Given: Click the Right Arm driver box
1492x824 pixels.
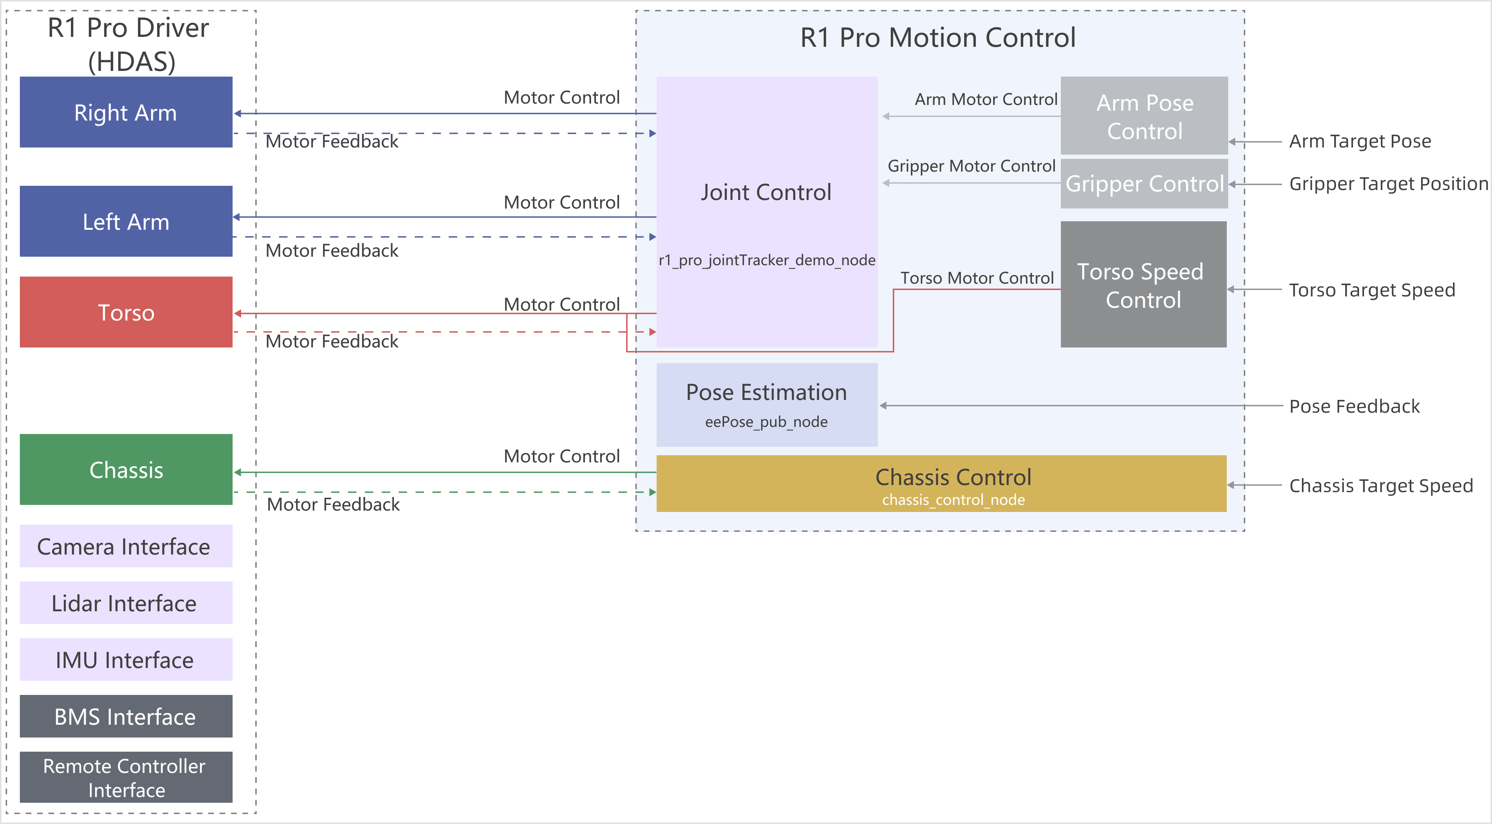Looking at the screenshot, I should [126, 112].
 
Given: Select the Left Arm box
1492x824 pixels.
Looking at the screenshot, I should [126, 221].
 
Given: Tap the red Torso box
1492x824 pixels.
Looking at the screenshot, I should [126, 312].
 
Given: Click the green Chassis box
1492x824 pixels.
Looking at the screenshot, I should [126, 470].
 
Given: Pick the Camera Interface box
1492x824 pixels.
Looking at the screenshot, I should [126, 546].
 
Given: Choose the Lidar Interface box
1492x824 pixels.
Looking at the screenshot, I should [126, 603].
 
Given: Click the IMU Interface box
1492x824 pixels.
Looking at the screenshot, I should [126, 659].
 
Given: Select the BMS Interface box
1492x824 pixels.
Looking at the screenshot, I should [126, 716].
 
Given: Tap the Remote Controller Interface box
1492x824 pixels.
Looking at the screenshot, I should [126, 777].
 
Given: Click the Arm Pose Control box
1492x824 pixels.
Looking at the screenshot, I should [1144, 116].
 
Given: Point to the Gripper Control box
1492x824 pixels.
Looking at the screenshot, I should [1144, 184].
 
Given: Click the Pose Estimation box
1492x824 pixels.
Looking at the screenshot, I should [766, 404].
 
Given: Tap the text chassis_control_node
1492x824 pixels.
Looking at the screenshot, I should [953, 500].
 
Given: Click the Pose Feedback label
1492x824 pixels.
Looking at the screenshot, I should [1354, 406].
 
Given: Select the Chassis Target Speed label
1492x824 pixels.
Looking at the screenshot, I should [1381, 485].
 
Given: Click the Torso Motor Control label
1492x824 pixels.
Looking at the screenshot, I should [976, 278].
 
